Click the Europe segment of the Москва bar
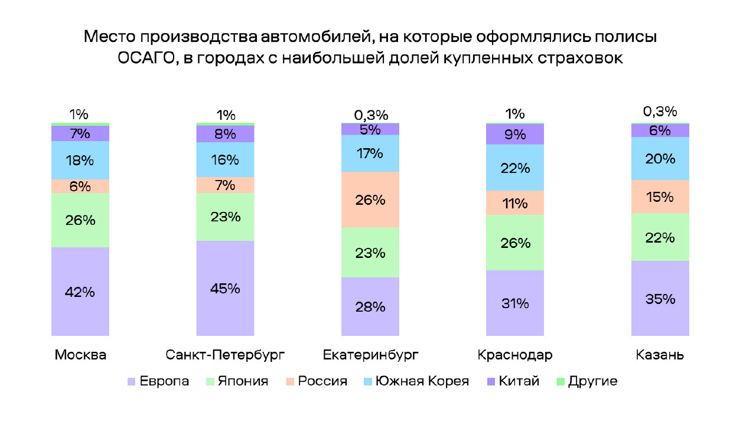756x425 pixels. (x=80, y=292)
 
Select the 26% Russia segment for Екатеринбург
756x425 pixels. (x=370, y=200)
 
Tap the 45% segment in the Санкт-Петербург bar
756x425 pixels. (x=225, y=289)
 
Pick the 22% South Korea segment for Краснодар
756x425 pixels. (x=515, y=168)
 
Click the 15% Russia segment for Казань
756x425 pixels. (x=660, y=197)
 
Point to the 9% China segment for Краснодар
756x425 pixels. (x=515, y=135)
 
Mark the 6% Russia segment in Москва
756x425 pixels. (x=80, y=187)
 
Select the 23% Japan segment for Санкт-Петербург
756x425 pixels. (x=225, y=217)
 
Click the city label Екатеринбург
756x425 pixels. (x=370, y=355)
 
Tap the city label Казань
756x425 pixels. (x=660, y=355)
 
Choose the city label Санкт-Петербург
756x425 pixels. (x=225, y=355)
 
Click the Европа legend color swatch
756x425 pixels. (x=132, y=382)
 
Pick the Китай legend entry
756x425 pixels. (x=519, y=381)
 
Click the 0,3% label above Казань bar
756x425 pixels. (x=660, y=112)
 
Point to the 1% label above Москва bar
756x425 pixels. (x=79, y=115)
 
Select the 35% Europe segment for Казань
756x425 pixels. (x=660, y=299)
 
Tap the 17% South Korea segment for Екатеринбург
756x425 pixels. (x=370, y=153)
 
